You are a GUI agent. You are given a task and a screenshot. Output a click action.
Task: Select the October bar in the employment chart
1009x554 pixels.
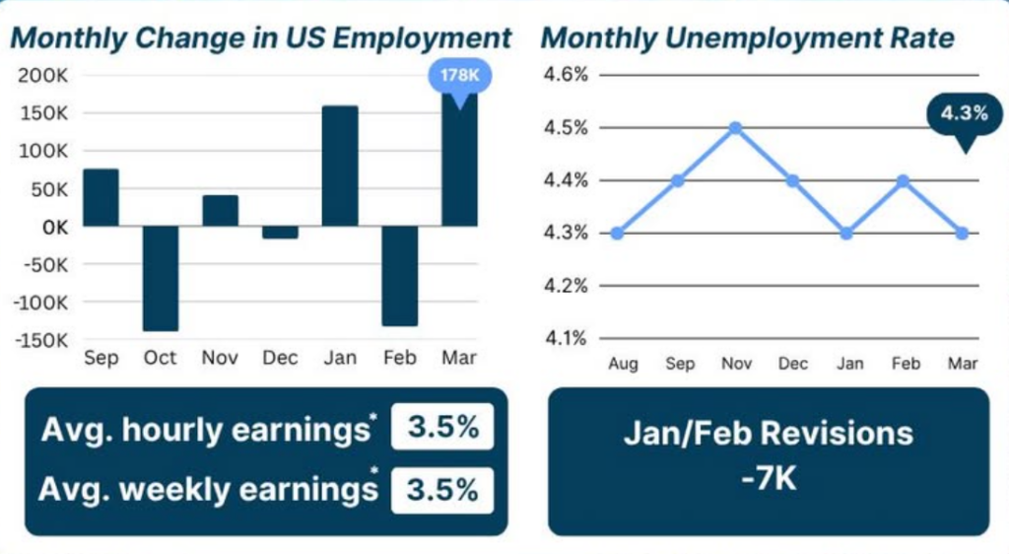161,278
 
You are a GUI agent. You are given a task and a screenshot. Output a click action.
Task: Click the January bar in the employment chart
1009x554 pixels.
340,166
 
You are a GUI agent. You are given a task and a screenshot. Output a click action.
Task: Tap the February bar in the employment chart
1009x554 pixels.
400,275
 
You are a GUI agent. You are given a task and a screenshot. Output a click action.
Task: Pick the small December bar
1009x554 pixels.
280,232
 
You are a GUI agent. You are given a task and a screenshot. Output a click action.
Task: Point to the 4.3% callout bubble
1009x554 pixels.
963,114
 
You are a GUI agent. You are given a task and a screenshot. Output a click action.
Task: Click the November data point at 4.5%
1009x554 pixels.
735,127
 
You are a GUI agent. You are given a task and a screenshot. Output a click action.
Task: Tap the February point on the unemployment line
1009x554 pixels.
905,180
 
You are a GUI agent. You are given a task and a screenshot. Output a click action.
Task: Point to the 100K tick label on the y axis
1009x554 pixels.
42,151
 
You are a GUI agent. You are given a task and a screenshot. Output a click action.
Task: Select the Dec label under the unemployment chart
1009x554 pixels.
793,364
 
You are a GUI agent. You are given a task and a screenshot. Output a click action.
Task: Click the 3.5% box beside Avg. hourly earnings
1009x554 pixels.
442,429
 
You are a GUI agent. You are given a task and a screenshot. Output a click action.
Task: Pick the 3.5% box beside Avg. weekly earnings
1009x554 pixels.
442,489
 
